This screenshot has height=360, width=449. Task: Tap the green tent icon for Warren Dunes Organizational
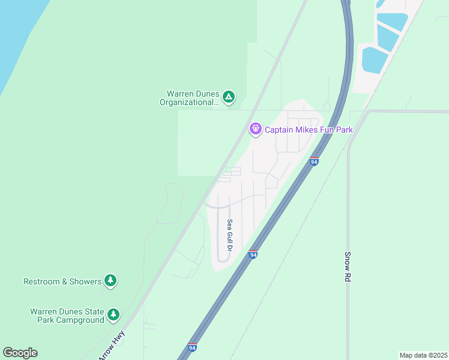coord(228,97)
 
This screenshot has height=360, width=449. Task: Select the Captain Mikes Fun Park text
coord(309,129)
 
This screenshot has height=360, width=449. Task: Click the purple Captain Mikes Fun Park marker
coord(256,128)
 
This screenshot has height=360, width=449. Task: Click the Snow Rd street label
coord(347,266)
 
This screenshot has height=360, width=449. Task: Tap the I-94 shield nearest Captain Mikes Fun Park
coord(314,161)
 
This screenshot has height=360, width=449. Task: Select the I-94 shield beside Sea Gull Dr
coord(253,254)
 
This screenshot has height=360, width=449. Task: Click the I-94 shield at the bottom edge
coord(192,347)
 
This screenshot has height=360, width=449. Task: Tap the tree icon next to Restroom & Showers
coord(110,280)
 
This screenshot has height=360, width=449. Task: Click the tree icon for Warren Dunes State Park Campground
coord(113,314)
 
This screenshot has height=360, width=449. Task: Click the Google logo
coord(20,353)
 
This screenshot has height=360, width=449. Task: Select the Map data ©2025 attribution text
coord(423,355)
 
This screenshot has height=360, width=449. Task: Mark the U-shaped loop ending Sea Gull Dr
coord(223,258)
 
